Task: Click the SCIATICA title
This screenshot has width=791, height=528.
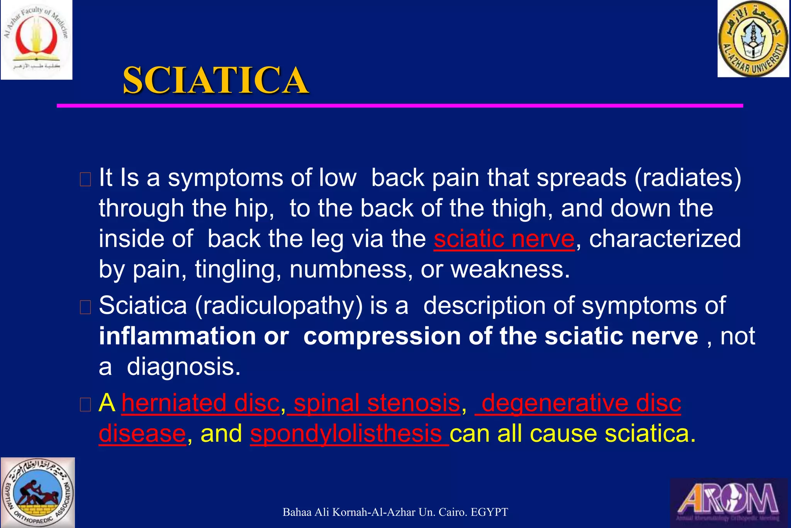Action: (216, 80)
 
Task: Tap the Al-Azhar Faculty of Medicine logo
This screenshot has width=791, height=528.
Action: (36, 39)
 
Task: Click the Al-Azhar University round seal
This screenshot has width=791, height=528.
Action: (753, 39)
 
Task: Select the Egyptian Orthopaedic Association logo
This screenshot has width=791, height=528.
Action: (37, 492)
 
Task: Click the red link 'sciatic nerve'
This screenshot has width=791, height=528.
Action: (504, 238)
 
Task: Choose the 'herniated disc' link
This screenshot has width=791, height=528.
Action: (200, 403)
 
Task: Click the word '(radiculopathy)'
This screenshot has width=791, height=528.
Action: (279, 305)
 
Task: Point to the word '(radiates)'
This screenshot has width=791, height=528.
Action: (687, 178)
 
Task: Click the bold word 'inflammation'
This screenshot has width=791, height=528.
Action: (177, 336)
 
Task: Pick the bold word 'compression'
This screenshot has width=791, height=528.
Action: (382, 336)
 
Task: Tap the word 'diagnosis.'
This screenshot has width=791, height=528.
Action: (183, 366)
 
